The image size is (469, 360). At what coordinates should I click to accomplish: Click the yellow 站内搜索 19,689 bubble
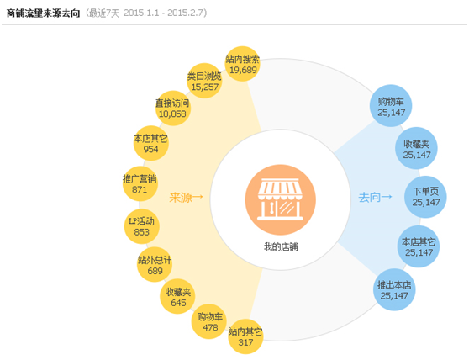pyautogui.click(x=242, y=64)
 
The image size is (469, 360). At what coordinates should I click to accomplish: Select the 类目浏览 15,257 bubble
pyautogui.click(x=204, y=81)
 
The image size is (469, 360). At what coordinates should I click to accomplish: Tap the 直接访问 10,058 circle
pyautogui.click(x=172, y=109)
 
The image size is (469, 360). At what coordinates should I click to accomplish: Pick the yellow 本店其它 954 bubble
pyautogui.click(x=150, y=143)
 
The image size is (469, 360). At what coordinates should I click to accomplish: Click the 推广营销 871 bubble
pyautogui.click(x=140, y=183)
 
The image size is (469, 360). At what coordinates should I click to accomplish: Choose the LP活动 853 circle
pyautogui.click(x=142, y=226)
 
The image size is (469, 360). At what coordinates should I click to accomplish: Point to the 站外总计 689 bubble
pyautogui.click(x=155, y=265)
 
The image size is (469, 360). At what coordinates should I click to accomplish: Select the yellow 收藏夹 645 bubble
pyautogui.click(x=177, y=297)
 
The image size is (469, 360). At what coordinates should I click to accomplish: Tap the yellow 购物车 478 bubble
pyautogui.click(x=209, y=321)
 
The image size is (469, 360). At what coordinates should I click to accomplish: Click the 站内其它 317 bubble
pyautogui.click(x=245, y=337)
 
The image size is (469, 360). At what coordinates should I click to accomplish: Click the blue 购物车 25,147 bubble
pyautogui.click(x=391, y=106)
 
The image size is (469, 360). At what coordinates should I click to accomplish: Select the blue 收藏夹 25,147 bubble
pyautogui.click(x=416, y=148)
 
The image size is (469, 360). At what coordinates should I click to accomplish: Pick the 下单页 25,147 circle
pyautogui.click(x=425, y=197)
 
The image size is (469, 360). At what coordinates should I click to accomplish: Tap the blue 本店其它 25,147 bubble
pyautogui.click(x=419, y=246)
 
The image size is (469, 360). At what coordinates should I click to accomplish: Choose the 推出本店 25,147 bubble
pyautogui.click(x=394, y=289)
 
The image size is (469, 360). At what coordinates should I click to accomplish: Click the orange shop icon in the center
pyautogui.click(x=281, y=199)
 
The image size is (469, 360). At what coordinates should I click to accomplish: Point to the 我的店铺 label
pyautogui.click(x=281, y=247)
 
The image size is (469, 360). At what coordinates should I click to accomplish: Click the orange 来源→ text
pyautogui.click(x=186, y=197)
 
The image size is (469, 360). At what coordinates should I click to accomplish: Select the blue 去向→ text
pyautogui.click(x=375, y=197)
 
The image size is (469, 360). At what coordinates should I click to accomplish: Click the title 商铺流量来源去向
pyautogui.click(x=44, y=13)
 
